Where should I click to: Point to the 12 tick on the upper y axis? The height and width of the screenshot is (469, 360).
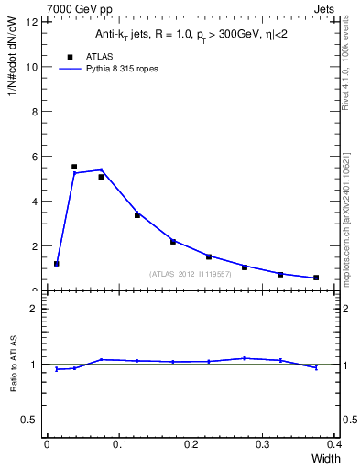(x=34, y=22)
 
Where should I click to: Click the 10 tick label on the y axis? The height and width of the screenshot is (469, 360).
(x=34, y=67)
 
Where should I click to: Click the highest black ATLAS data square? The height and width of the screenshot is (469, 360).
(x=74, y=167)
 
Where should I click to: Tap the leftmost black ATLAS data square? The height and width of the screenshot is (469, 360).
(x=57, y=264)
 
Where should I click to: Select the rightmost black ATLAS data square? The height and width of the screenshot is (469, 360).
(x=316, y=278)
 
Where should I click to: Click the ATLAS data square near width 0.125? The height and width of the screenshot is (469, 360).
(x=136, y=215)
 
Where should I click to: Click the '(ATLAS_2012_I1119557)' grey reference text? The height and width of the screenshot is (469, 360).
(x=190, y=273)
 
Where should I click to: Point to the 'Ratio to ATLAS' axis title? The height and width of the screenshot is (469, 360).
(x=15, y=365)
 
